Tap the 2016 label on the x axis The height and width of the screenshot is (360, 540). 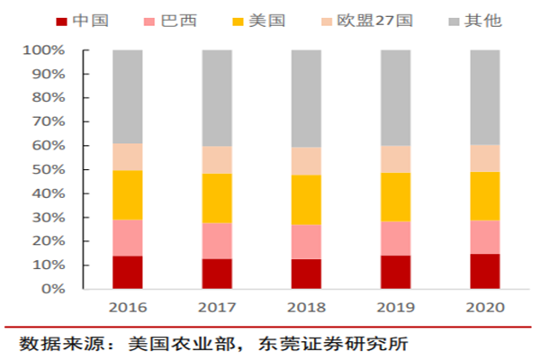[128, 307]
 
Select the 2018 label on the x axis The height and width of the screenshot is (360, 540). [306, 307]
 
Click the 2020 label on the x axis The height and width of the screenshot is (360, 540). [485, 307]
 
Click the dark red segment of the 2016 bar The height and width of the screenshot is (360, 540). [128, 273]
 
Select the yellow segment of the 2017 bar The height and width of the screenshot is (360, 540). [217, 198]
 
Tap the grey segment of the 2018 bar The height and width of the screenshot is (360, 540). [306, 99]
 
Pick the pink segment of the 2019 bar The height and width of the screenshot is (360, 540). [396, 238]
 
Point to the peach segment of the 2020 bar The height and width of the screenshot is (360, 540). [485, 158]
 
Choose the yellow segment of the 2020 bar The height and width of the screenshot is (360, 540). [485, 196]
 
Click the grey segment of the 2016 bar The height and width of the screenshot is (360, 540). [128, 97]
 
